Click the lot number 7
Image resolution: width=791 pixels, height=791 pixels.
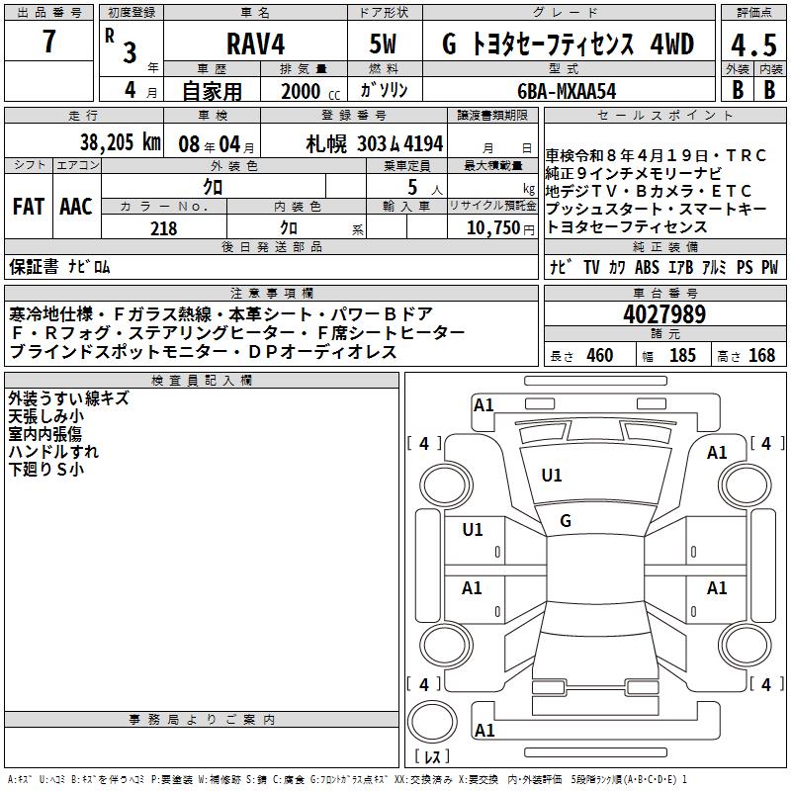(x=48, y=41)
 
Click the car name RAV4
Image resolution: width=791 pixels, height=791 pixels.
(x=256, y=44)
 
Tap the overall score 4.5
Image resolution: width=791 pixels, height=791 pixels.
(x=753, y=45)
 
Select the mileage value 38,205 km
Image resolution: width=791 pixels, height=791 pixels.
(x=120, y=142)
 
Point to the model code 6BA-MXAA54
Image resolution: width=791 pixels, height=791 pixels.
(x=567, y=91)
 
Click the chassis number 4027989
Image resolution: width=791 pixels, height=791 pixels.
(x=664, y=314)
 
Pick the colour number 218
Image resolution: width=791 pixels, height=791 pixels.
(x=164, y=228)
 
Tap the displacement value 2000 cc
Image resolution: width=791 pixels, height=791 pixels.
(x=310, y=91)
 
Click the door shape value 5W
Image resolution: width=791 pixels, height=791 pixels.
(x=384, y=44)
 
